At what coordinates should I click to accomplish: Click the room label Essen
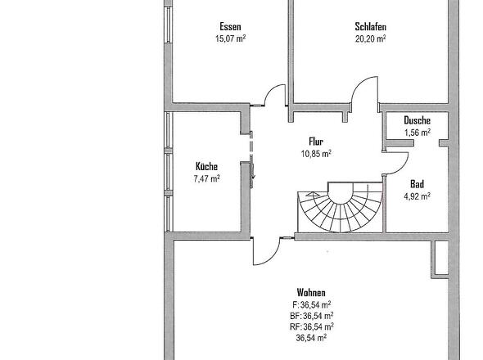pos(230,27)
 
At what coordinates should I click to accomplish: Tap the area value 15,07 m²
pos(230,38)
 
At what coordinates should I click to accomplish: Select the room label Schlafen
pos(371,27)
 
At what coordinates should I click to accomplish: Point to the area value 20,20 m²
pos(371,38)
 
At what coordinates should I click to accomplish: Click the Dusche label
pos(417,120)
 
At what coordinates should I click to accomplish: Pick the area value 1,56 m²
pos(418,133)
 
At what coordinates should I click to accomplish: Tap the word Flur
pos(316,142)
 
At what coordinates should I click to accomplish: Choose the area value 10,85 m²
pos(316,153)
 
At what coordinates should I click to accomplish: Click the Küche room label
pos(206,167)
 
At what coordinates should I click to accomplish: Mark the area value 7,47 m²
pos(206,178)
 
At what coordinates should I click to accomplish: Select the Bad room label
pos(417,184)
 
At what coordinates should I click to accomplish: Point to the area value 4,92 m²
pos(417,196)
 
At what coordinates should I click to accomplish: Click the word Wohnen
pos(311,292)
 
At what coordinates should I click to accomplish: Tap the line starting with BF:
pos(311,316)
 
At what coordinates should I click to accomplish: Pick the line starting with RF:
pos(312,326)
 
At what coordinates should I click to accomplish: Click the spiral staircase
pos(341,207)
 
